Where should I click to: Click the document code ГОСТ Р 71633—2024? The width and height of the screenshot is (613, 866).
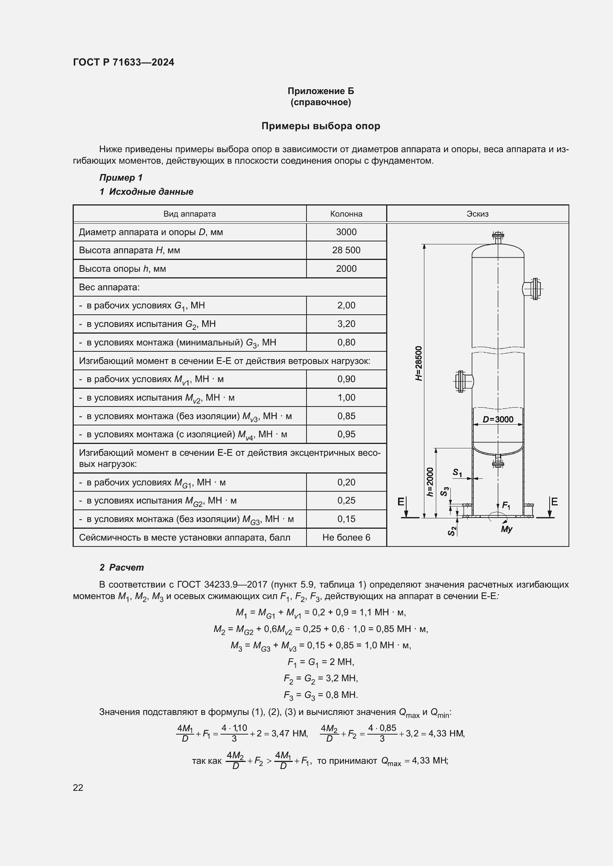click(x=123, y=62)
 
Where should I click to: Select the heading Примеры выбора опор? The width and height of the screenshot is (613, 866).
click(x=321, y=126)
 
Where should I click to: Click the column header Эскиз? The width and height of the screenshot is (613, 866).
click(x=477, y=214)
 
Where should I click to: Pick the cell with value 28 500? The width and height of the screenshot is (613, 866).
click(x=346, y=250)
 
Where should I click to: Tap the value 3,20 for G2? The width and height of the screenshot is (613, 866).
click(x=346, y=324)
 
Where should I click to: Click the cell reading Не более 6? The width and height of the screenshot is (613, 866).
click(x=346, y=537)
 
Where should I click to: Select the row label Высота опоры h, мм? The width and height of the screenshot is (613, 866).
click(x=122, y=268)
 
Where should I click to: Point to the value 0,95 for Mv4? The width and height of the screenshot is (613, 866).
click(x=346, y=434)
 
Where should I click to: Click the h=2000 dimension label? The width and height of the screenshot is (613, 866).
click(x=430, y=482)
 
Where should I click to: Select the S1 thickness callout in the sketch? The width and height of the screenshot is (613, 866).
click(x=457, y=472)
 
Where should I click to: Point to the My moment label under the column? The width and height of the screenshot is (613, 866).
click(x=506, y=529)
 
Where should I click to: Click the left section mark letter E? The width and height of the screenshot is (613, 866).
click(x=401, y=502)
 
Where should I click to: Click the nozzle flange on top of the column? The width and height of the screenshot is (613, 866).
click(x=498, y=237)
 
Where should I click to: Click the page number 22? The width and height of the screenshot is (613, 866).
click(x=78, y=787)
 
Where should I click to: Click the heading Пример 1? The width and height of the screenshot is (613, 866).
click(x=121, y=178)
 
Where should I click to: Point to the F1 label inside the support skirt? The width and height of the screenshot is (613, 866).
click(x=506, y=506)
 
